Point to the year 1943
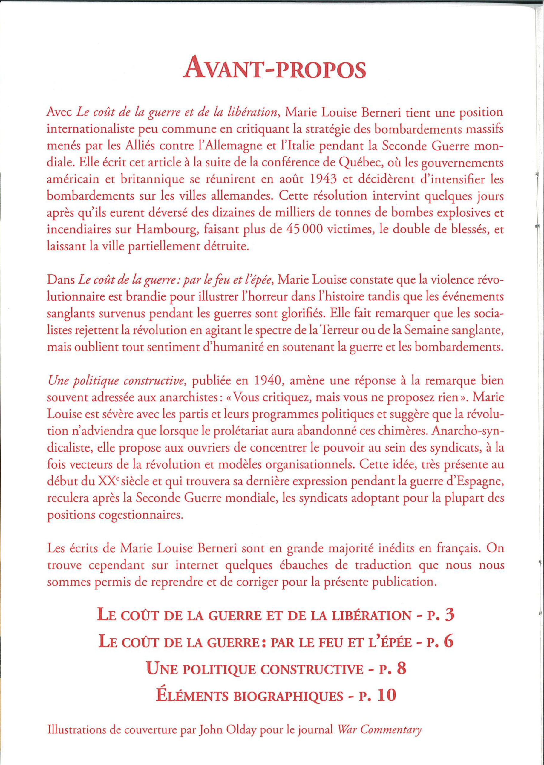(323, 180)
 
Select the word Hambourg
(162, 230)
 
